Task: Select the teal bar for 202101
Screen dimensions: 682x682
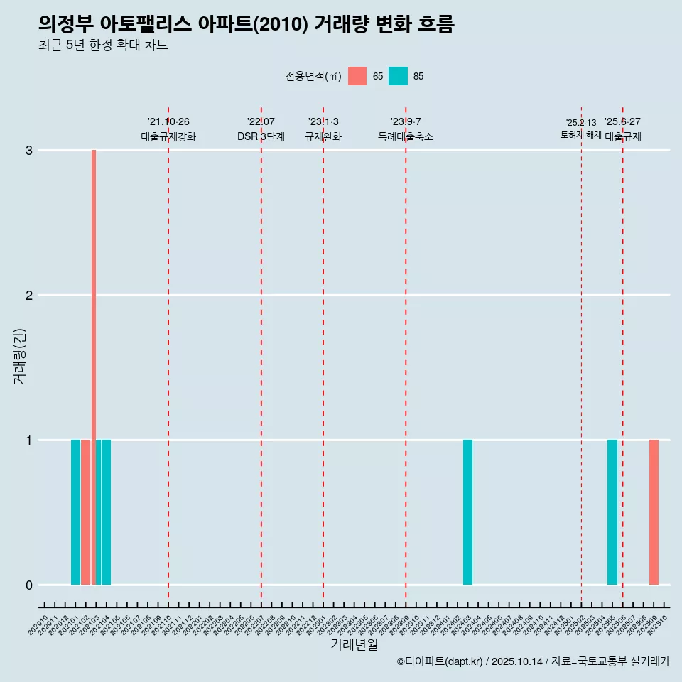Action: click(75, 512)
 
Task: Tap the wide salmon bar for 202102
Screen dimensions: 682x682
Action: click(85, 512)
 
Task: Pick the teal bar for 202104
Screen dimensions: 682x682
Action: click(106, 512)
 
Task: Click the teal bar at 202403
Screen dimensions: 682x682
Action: click(467, 512)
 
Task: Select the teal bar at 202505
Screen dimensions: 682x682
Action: click(612, 512)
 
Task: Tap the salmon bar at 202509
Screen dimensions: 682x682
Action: click(654, 512)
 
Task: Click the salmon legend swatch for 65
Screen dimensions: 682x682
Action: click(357, 76)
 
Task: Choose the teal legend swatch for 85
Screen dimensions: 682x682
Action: click(399, 76)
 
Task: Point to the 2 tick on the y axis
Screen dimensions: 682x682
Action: click(29, 296)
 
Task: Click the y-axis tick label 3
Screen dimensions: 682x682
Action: click(29, 151)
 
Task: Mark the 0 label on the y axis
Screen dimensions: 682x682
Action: click(29, 585)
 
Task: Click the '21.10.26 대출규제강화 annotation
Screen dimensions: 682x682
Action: click(168, 129)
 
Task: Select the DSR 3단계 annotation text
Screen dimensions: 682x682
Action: click(261, 136)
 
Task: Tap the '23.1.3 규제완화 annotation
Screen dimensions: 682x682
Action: click(323, 129)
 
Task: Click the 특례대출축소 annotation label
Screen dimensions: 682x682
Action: click(406, 136)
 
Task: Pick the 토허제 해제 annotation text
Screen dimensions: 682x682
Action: click(580, 135)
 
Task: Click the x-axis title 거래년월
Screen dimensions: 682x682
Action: click(354, 644)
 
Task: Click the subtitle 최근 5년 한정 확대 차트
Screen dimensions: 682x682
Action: click(104, 45)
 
